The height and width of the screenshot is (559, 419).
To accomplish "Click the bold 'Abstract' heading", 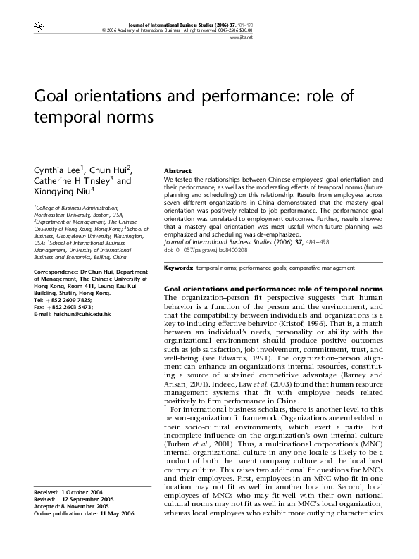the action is (x=177, y=171).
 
